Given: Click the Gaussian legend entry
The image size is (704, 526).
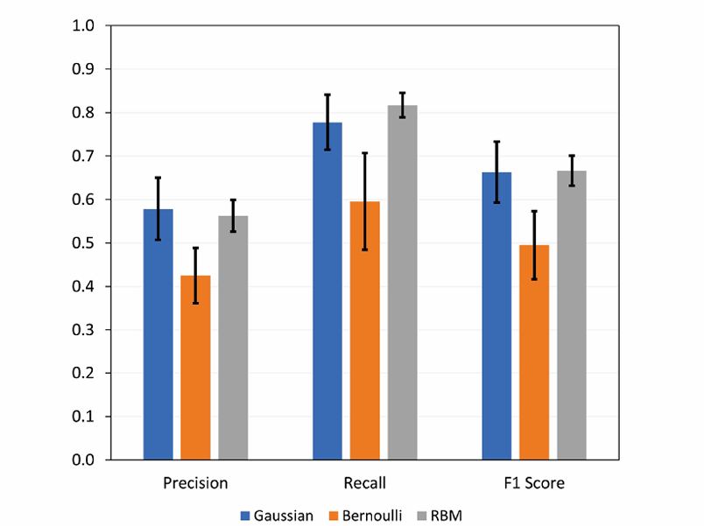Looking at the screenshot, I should pyautogui.click(x=277, y=515).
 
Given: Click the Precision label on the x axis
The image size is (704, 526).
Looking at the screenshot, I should pyautogui.click(x=195, y=483).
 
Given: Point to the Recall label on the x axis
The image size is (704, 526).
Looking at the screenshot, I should pyautogui.click(x=365, y=483).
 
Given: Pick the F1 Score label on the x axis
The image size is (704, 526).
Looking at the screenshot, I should pyautogui.click(x=534, y=483).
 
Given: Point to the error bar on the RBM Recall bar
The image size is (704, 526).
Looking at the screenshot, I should pyautogui.click(x=403, y=105).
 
